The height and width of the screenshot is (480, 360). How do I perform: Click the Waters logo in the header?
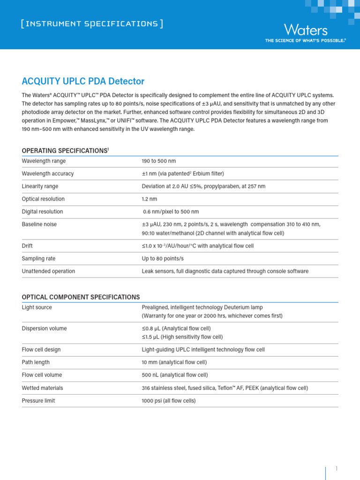(306, 30)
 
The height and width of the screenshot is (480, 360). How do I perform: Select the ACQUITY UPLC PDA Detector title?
(83, 81)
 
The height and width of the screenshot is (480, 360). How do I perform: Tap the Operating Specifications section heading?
(65, 150)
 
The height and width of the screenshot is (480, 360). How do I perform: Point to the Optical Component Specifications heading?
(81, 297)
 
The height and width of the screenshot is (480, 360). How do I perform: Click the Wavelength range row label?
(44, 161)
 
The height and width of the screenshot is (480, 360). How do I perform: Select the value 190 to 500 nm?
(158, 161)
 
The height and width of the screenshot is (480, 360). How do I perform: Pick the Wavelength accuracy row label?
(48, 173)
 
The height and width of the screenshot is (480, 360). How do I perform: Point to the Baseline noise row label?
(39, 224)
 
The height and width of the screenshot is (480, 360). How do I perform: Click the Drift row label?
(27, 246)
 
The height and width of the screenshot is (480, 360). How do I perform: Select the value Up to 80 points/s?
(163, 258)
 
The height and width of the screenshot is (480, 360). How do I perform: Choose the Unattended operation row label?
(48, 271)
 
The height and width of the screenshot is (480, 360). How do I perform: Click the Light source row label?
(37, 307)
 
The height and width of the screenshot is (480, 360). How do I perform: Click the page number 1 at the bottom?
(336, 468)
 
